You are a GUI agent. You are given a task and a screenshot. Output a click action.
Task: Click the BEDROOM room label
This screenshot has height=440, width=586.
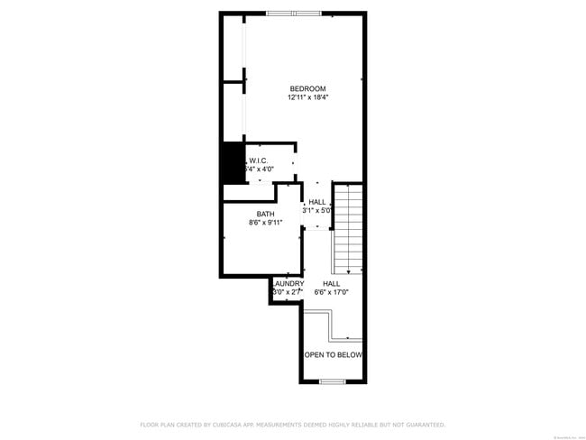point(307,88)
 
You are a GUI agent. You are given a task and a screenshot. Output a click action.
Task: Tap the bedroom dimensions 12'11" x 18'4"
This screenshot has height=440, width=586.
point(307,97)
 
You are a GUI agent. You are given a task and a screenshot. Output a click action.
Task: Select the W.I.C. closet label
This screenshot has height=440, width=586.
point(259,160)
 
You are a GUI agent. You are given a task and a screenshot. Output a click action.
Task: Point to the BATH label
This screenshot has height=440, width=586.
point(265,214)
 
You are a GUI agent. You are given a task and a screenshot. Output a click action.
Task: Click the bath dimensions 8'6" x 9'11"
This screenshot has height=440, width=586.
point(265,223)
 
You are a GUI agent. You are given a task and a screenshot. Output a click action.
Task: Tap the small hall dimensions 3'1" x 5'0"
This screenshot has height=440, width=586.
point(317,210)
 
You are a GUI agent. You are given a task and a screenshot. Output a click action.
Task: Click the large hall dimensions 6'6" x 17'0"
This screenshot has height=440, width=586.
point(331,292)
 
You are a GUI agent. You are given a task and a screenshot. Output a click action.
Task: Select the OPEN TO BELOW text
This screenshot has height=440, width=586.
point(333,355)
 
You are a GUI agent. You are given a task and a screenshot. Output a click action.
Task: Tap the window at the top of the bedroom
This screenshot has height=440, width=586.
point(293,13)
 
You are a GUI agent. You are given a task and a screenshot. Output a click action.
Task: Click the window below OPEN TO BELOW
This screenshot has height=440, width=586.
point(333,381)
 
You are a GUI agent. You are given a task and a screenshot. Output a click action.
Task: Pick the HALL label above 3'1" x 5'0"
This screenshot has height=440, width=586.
point(317,202)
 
